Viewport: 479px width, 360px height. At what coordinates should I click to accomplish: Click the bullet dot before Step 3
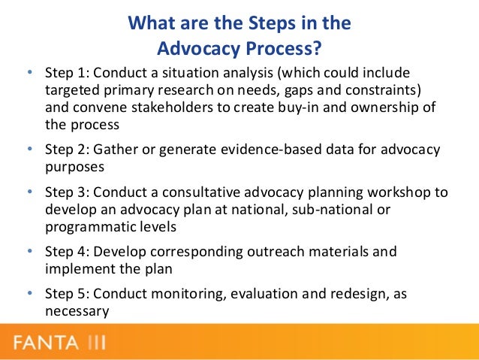tap(29, 193)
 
